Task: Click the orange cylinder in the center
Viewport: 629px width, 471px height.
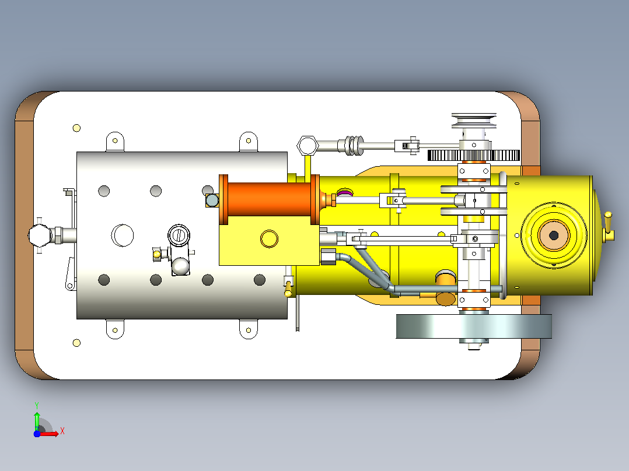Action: click(x=269, y=199)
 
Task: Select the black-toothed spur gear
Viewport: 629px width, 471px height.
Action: click(x=474, y=155)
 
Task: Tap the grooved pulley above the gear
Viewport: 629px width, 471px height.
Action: click(x=474, y=121)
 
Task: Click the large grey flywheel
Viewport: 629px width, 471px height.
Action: click(x=474, y=326)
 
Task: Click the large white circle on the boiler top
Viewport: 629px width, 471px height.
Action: click(x=123, y=235)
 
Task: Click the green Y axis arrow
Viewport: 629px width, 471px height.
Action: click(x=37, y=420)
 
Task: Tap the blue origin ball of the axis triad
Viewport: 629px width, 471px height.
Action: click(x=37, y=434)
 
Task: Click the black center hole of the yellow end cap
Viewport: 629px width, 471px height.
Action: click(x=554, y=235)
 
